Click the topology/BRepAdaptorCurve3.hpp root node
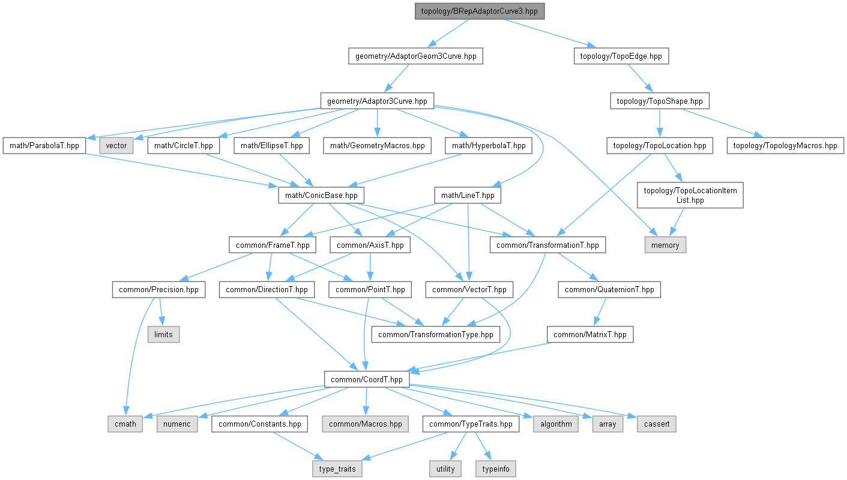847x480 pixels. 480,11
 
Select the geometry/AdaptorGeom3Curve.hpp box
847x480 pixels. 415,56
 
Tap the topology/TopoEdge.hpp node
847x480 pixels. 621,56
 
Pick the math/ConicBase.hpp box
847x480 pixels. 322,196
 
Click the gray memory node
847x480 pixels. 665,245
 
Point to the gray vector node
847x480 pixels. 116,146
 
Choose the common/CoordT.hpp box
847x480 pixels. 367,379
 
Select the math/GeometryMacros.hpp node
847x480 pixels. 377,146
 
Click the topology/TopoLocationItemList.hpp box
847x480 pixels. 690,196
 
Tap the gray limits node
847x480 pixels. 163,335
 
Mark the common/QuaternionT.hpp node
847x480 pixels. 610,290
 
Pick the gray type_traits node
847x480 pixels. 337,469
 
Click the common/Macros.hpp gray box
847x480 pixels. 365,424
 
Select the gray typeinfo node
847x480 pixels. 495,469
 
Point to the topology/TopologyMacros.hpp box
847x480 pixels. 786,146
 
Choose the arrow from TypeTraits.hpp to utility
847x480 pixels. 458,446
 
